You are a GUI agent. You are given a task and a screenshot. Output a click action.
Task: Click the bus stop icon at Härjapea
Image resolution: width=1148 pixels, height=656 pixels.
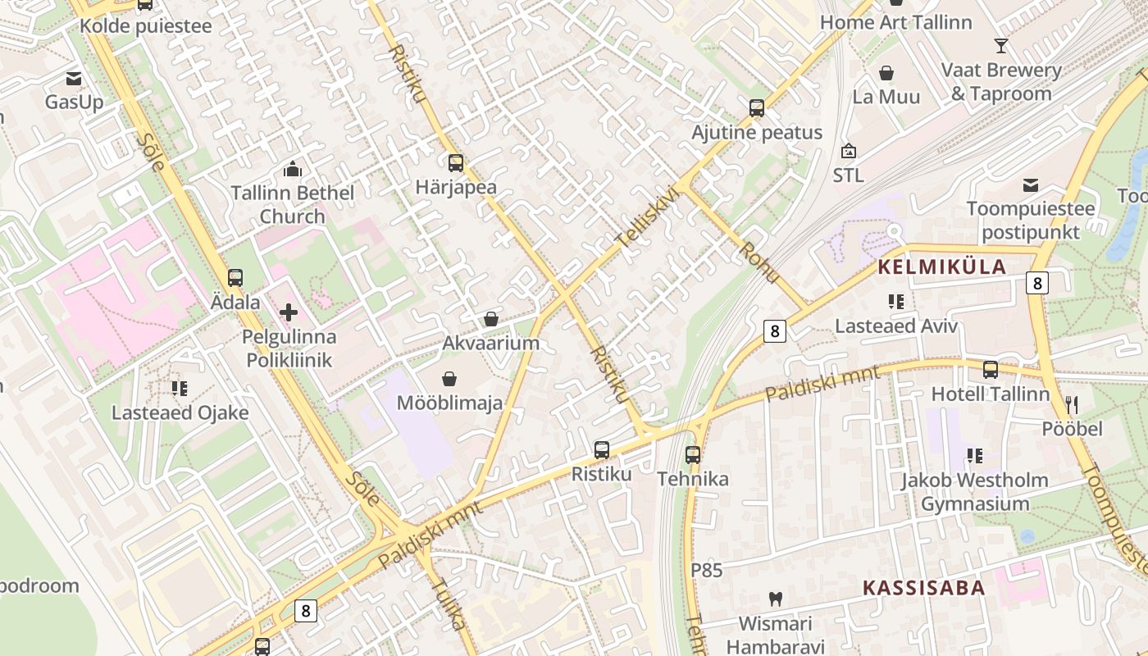tap(455, 163)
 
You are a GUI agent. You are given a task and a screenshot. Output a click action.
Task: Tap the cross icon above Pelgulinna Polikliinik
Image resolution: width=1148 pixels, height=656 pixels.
tap(289, 312)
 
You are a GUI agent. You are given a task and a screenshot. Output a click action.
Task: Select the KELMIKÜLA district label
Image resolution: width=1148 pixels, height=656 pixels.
tap(942, 266)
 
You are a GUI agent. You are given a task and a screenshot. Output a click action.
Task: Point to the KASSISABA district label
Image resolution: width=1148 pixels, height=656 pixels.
tap(923, 587)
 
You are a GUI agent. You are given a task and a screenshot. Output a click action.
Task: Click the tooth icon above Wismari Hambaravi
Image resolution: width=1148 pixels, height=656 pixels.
tap(775, 599)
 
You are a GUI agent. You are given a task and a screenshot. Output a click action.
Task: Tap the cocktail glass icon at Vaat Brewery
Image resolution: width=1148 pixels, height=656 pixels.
tap(1000, 45)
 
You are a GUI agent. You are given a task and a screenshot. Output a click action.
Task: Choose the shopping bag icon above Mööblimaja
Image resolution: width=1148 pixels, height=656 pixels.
tap(449, 379)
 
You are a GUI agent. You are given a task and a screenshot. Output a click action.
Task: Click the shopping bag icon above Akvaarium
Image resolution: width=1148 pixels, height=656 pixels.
tap(491, 319)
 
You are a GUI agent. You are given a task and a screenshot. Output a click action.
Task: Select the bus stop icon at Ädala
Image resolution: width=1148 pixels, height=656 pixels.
tap(235, 278)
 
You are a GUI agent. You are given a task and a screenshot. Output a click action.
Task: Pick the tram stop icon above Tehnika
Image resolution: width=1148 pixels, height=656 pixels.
tap(693, 455)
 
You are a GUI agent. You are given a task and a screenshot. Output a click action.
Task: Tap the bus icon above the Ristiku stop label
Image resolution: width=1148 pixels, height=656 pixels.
tap(602, 450)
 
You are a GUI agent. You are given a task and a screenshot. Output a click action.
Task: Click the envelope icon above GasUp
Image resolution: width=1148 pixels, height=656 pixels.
tap(74, 79)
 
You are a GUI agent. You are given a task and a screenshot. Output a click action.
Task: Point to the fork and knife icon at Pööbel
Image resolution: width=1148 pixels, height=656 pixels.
tap(1071, 404)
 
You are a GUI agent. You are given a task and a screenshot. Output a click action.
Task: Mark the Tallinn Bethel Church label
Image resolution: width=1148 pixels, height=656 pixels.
tap(293, 204)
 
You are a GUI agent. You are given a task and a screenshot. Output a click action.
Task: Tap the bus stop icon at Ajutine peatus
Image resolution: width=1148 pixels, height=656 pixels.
tap(756, 108)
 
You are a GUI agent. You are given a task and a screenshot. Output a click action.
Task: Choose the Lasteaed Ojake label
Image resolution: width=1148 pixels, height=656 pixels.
tap(180, 412)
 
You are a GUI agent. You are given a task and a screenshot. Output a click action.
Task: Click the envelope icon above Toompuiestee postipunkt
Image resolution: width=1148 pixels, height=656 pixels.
tap(1030, 185)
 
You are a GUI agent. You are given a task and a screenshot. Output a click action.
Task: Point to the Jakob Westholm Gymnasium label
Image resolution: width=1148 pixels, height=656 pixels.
tap(974, 491)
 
